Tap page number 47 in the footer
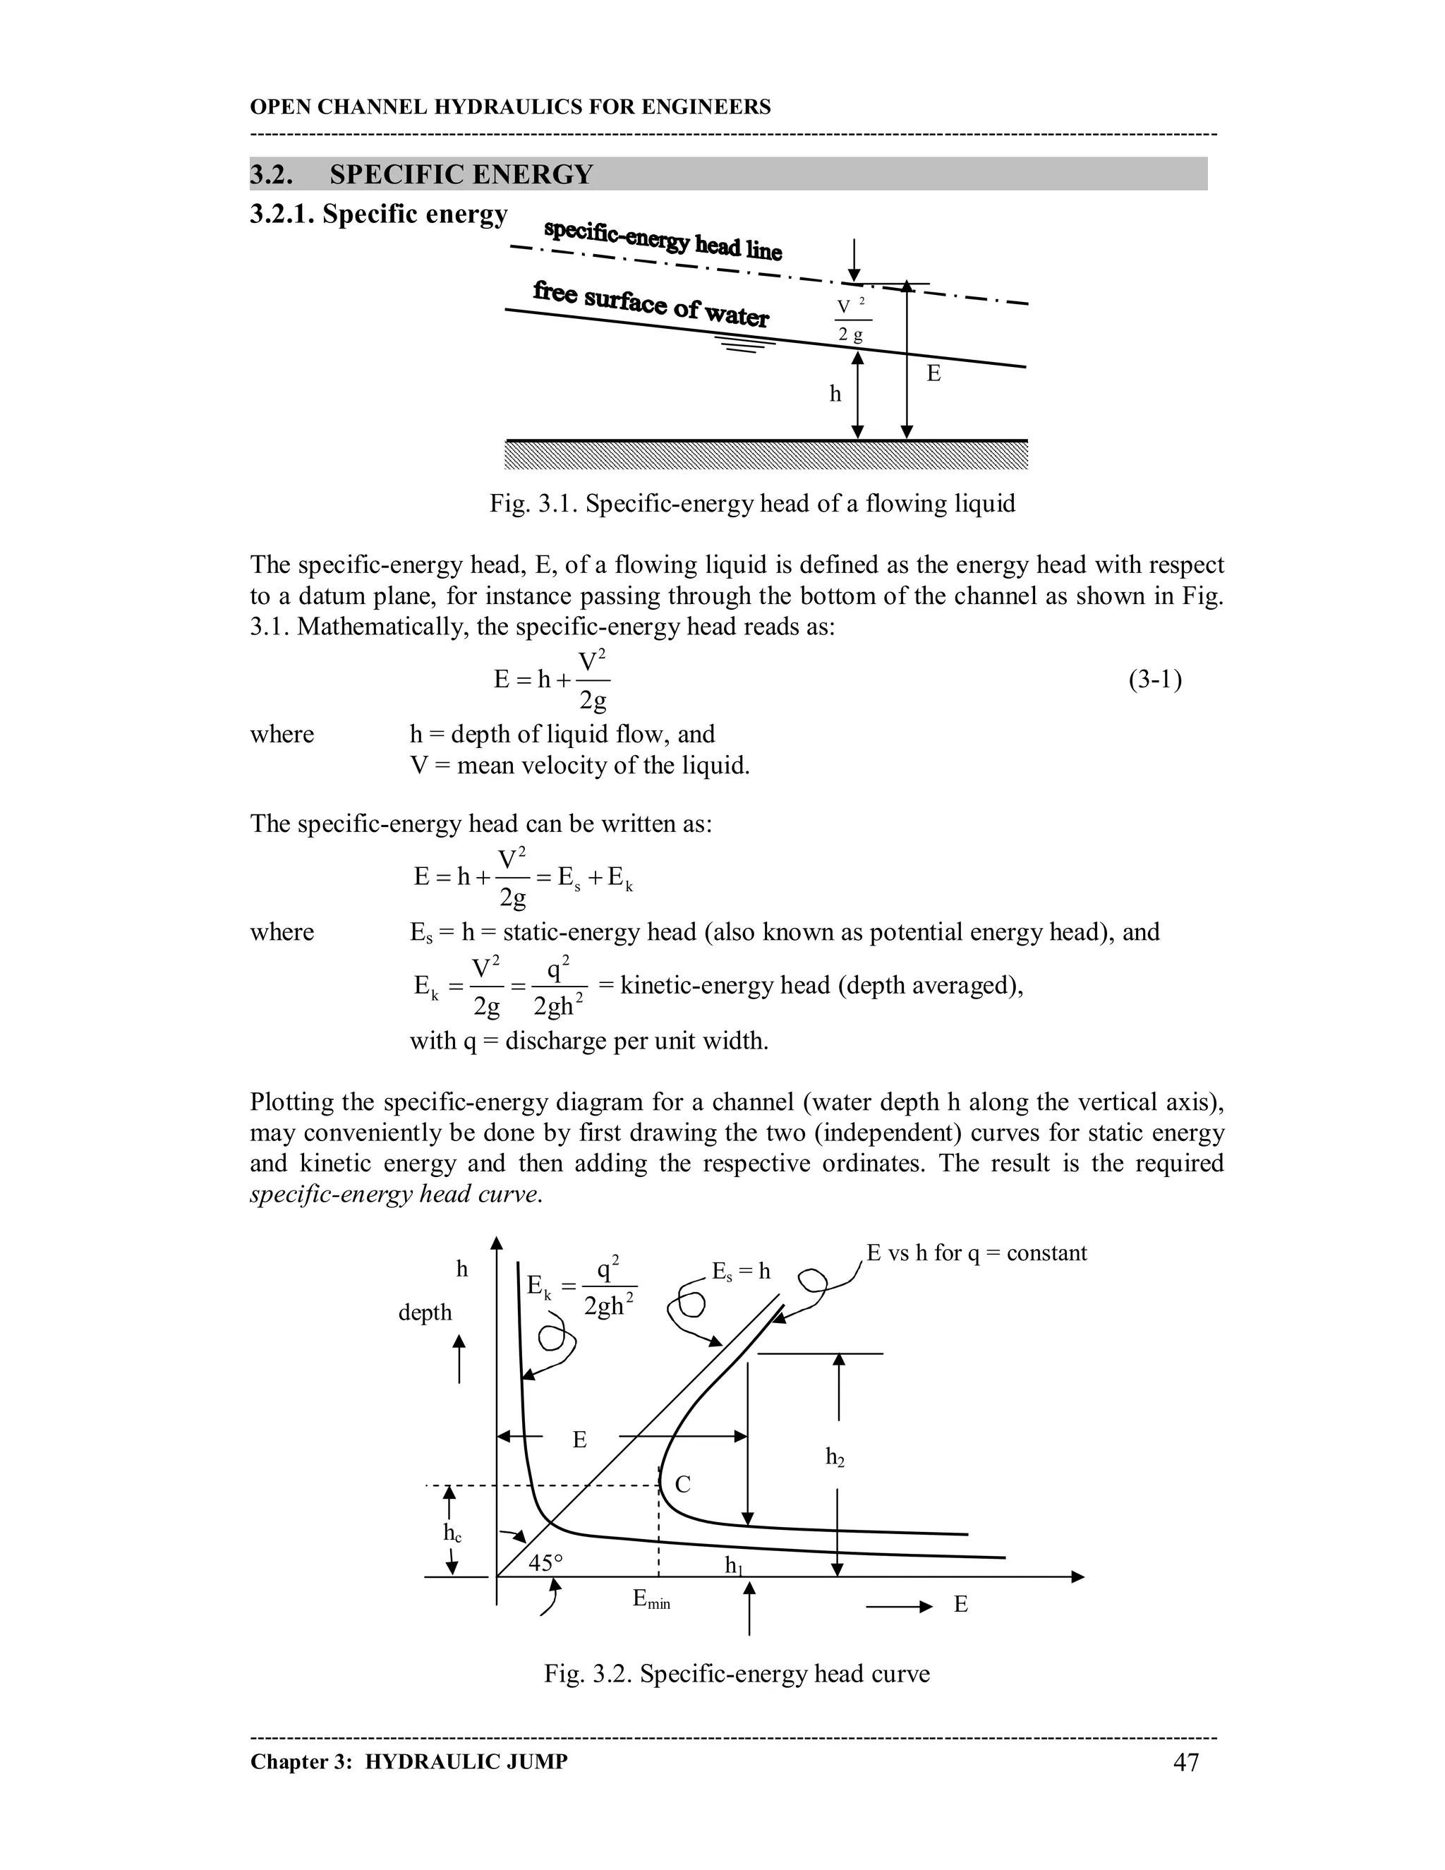(1185, 1762)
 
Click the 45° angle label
(545, 1562)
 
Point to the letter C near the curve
(682, 1485)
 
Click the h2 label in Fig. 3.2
(835, 1456)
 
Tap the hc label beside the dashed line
(452, 1533)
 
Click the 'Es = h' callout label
(742, 1272)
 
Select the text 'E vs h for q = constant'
(976, 1253)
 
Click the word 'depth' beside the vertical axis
(425, 1312)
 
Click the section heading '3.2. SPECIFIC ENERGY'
(421, 175)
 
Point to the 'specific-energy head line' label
(663, 240)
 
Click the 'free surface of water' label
(651, 304)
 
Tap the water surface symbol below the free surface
(745, 346)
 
